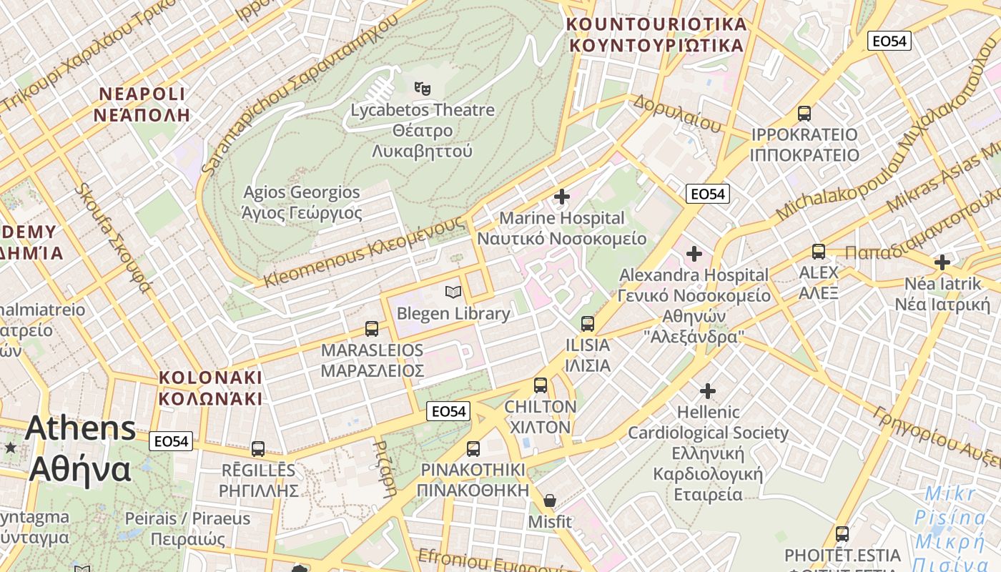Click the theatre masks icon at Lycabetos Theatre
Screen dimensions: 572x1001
(x=423, y=89)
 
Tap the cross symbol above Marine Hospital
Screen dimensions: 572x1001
(x=562, y=196)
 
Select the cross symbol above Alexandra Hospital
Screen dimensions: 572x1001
(x=694, y=254)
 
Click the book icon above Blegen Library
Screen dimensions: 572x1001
(x=453, y=292)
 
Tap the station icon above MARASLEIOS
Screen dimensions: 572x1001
(x=372, y=329)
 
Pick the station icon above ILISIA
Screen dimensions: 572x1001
(x=588, y=323)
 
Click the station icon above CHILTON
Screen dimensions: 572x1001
(x=541, y=385)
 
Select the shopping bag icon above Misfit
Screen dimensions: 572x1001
(x=549, y=500)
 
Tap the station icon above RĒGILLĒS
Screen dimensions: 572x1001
(x=258, y=449)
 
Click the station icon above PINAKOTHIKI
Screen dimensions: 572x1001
(x=473, y=449)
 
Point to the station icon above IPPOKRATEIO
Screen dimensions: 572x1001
(x=804, y=113)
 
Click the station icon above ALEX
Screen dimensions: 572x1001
(x=819, y=251)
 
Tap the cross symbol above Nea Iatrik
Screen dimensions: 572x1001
(x=942, y=262)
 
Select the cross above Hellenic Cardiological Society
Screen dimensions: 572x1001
(x=708, y=391)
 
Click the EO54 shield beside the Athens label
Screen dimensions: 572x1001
(x=172, y=441)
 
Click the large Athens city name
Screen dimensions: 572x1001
(x=80, y=449)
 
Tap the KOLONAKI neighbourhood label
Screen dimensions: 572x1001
(x=210, y=388)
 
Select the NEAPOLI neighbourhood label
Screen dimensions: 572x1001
(x=142, y=104)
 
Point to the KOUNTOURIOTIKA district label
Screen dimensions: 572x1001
(x=656, y=34)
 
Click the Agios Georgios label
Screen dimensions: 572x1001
(x=302, y=202)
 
